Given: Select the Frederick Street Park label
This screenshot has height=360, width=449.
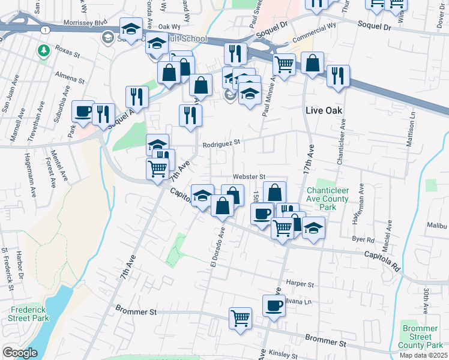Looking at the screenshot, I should coord(25,316).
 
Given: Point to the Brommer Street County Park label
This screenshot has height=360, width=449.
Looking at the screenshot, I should coord(423,337).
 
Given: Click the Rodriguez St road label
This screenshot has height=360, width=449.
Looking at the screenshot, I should coord(221,143).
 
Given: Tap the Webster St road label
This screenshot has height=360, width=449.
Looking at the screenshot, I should coord(249,177).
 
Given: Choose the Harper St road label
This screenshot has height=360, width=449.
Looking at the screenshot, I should coord(301,283).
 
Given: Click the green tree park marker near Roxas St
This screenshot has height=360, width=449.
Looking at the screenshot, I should coord(43,51).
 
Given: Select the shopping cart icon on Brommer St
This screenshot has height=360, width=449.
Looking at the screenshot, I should coord(241,317).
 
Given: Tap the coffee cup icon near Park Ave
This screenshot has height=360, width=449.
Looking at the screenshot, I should coord(83,111).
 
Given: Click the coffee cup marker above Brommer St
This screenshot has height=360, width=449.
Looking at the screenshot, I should coord(274,305).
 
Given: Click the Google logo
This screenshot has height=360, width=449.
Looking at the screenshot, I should coord(20,352).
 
